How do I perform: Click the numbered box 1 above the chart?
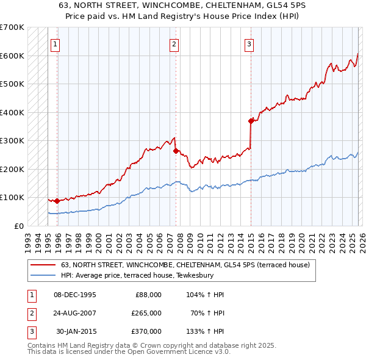pos(55,44)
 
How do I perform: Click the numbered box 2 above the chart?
pos(174,44)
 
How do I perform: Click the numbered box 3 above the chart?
pos(249,44)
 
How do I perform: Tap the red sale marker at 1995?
pos(57,201)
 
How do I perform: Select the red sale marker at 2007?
pos(176,151)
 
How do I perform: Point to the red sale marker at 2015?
pos(251,121)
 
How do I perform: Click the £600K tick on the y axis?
pos(12,56)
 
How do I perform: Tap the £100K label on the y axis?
pos(12,198)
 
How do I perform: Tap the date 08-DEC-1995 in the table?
pos(74,295)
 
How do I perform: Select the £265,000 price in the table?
pos(146,313)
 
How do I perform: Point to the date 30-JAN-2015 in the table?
pos(76,331)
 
